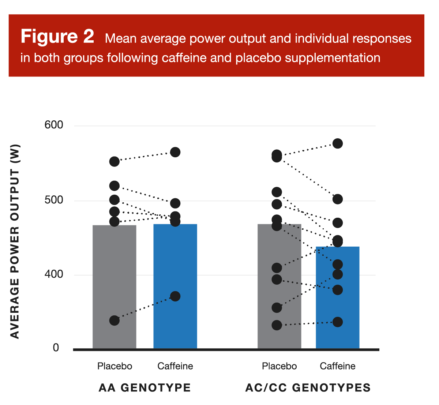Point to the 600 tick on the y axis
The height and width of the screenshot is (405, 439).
point(54,125)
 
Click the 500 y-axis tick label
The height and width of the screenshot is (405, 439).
point(54,200)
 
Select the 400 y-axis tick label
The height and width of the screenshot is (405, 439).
point(54,274)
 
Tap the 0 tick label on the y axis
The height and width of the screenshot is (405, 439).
point(56,348)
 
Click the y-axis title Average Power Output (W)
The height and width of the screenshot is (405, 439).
point(15,241)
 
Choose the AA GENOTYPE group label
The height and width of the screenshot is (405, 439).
point(145,388)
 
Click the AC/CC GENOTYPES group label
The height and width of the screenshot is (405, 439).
point(308,388)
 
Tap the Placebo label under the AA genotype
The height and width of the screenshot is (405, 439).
point(115,366)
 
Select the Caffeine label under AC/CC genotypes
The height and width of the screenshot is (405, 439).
point(337,366)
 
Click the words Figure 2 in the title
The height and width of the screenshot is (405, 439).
point(57,37)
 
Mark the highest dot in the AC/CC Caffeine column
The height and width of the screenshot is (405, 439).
point(337,143)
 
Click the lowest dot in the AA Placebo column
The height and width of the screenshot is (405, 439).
point(115,320)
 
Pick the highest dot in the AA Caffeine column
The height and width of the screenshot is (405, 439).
point(175,152)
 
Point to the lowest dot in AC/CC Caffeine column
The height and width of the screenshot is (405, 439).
point(337,322)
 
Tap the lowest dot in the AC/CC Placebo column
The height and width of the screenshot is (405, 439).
point(277,325)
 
